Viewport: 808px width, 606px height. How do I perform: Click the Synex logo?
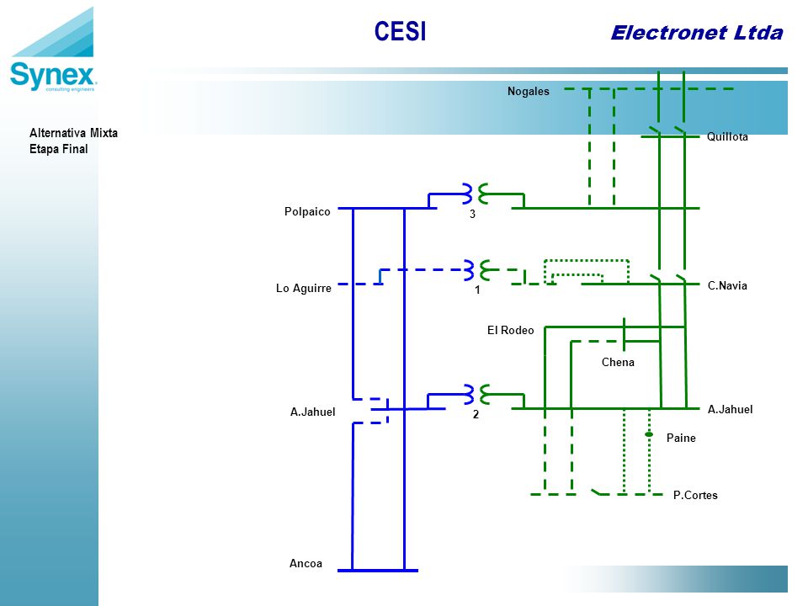pyautogui.click(x=52, y=50)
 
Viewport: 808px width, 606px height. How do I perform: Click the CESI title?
pyautogui.click(x=400, y=31)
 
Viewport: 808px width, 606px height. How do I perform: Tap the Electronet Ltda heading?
pyautogui.click(x=697, y=33)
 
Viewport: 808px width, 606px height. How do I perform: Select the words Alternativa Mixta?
pyautogui.click(x=73, y=133)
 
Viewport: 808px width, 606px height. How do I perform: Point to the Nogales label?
pyautogui.click(x=529, y=91)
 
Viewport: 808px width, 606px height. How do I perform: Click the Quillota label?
pyautogui.click(x=727, y=136)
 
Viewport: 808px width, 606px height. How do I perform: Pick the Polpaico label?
pyautogui.click(x=307, y=212)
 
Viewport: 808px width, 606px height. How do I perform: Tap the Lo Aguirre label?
pyautogui.click(x=304, y=288)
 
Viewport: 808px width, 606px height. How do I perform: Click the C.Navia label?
pyautogui.click(x=727, y=285)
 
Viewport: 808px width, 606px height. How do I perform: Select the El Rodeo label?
pyautogui.click(x=510, y=330)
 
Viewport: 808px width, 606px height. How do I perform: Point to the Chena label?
pyautogui.click(x=618, y=362)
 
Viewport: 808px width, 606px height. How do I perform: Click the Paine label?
pyautogui.click(x=681, y=438)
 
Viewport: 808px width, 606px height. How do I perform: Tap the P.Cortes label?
pyautogui.click(x=695, y=495)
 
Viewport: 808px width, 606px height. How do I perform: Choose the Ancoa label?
pyautogui.click(x=306, y=563)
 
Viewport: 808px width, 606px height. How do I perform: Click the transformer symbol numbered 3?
pyautogui.click(x=476, y=194)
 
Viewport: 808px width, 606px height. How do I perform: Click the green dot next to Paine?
pyautogui.click(x=649, y=434)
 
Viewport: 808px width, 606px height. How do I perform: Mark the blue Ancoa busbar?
pyautogui.click(x=378, y=571)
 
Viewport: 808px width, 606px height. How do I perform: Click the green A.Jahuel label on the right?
pyautogui.click(x=730, y=409)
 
